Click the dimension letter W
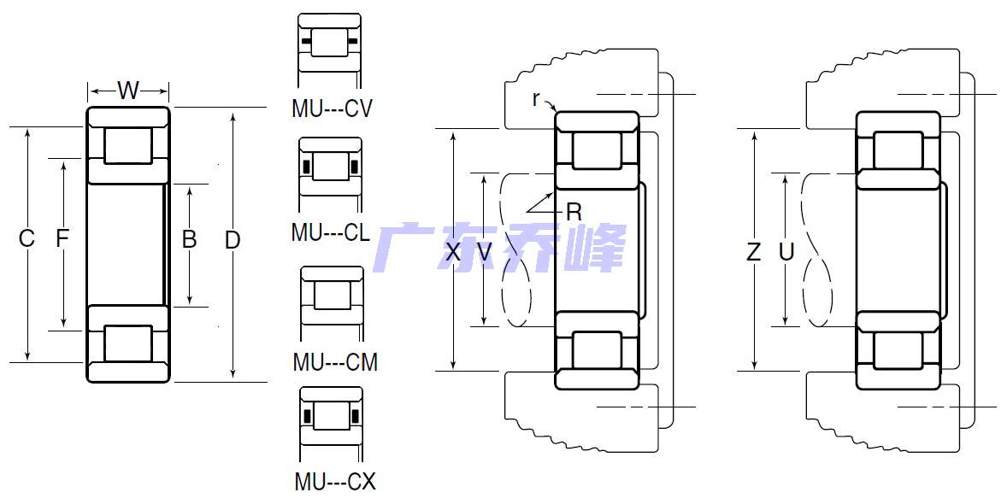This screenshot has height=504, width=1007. coord(128,90)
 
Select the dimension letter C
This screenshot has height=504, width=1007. coord(26,238)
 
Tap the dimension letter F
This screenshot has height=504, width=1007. coord(62,238)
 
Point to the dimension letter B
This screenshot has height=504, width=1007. coord(189,239)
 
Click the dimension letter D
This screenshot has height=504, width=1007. coord(232,240)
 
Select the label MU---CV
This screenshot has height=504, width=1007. coord(332,108)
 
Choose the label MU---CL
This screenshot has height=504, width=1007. coord(331,231)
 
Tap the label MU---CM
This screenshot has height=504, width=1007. coord(335,362)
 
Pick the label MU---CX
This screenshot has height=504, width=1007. coord(335,481)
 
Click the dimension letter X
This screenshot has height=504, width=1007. coord(453,252)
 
